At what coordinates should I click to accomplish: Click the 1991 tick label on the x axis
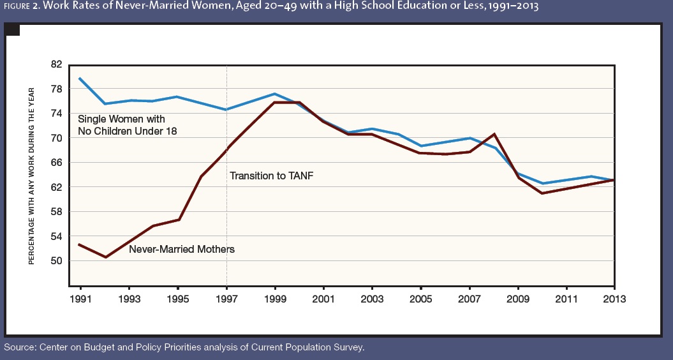coord(81,299)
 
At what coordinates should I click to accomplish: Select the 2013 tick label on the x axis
coord(614,299)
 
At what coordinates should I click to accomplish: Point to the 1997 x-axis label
coord(226,299)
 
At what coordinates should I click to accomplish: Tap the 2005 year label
coord(420,299)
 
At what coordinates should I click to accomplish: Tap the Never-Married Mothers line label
coord(182,250)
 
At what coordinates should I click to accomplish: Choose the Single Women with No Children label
coord(127,125)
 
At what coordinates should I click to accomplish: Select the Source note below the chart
coord(184,347)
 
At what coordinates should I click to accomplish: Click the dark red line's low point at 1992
coord(105,257)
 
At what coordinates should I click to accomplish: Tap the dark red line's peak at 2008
coord(494,134)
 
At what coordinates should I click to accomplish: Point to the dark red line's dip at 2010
coord(542,193)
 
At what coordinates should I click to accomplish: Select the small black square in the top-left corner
coord(13,29)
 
